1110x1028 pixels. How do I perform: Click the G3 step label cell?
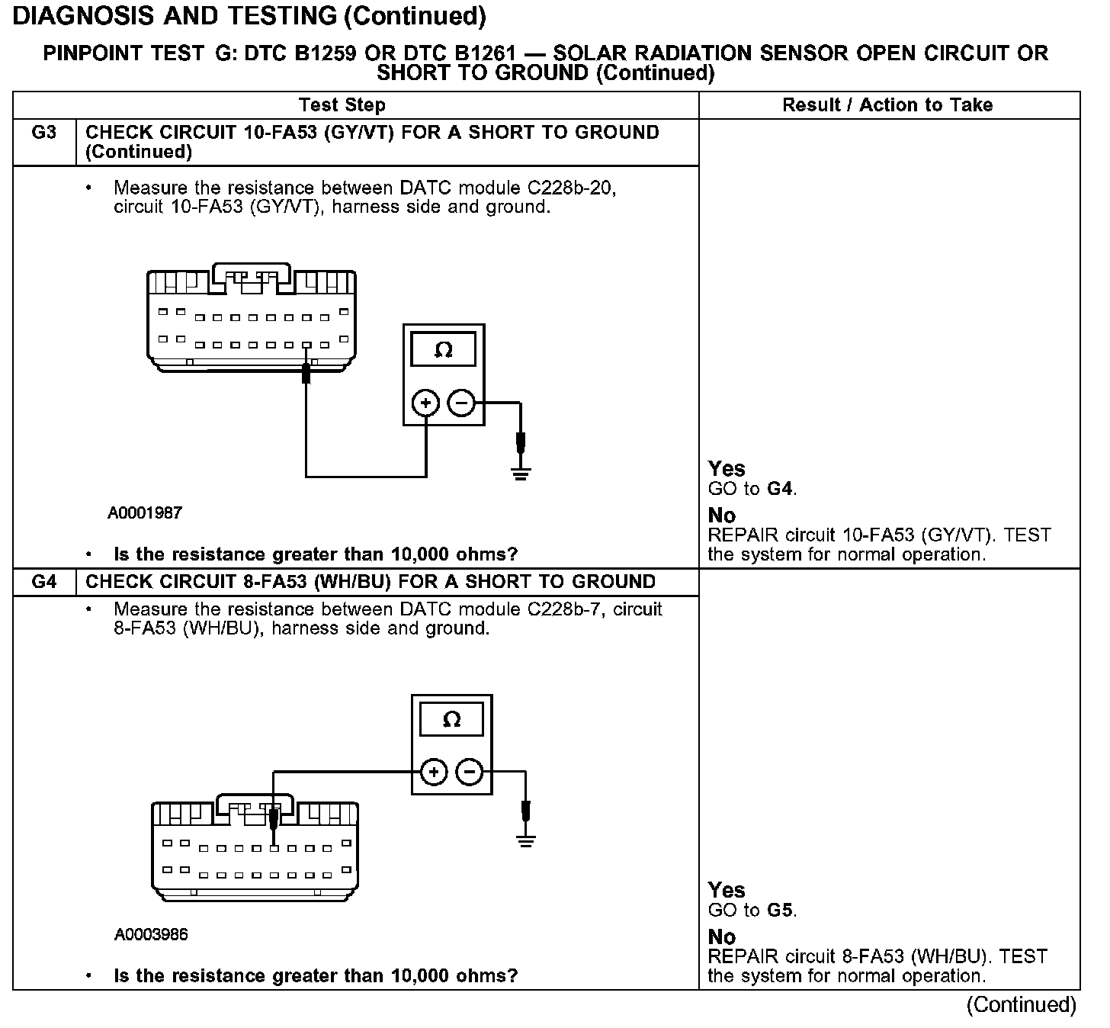[x=44, y=133]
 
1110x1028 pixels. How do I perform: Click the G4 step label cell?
[x=44, y=582]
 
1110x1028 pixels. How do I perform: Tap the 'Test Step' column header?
[x=342, y=105]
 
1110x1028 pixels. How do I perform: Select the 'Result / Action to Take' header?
[x=887, y=105]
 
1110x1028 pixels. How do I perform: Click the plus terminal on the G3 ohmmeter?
[x=425, y=403]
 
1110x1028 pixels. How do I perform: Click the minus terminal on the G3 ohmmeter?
[x=460, y=403]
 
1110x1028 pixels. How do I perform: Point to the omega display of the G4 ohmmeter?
[x=451, y=720]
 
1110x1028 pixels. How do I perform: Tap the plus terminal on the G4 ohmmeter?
[x=434, y=773]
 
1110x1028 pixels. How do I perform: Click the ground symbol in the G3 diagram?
[x=521, y=473]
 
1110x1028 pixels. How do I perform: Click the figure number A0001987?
[x=145, y=513]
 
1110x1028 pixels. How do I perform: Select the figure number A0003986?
[x=151, y=934]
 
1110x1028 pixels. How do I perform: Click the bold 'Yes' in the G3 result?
[x=727, y=468]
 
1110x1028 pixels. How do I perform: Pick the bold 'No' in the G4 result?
[x=721, y=936]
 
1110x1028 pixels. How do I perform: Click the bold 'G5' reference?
[x=781, y=911]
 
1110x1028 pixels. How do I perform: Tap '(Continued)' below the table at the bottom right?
[x=1022, y=1005]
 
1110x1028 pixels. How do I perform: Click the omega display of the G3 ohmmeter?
[x=443, y=350]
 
